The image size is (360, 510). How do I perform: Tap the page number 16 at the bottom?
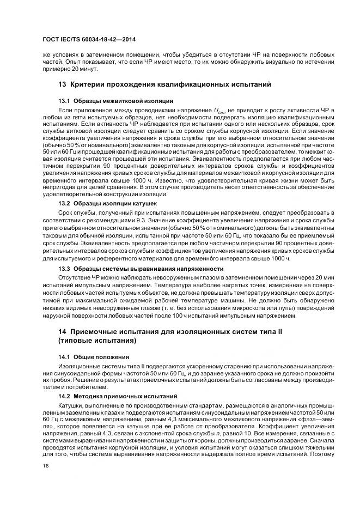[45, 465]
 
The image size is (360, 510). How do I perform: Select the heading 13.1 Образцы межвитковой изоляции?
[115, 101]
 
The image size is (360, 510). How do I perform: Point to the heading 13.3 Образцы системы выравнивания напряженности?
[141, 269]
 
